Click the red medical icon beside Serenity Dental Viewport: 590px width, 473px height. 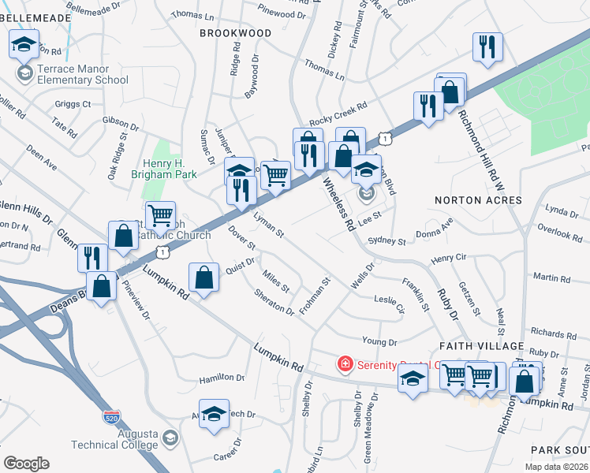[x=345, y=364]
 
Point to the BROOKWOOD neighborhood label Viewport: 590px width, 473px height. [x=235, y=33]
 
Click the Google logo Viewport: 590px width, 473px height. [x=26, y=464]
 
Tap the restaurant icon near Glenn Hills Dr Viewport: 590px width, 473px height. [x=92, y=257]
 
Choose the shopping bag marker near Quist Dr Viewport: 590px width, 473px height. [x=204, y=277]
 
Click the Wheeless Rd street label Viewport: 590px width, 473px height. [x=338, y=203]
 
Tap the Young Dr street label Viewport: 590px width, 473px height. [x=379, y=341]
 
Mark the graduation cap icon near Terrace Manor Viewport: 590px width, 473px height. [x=24, y=44]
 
